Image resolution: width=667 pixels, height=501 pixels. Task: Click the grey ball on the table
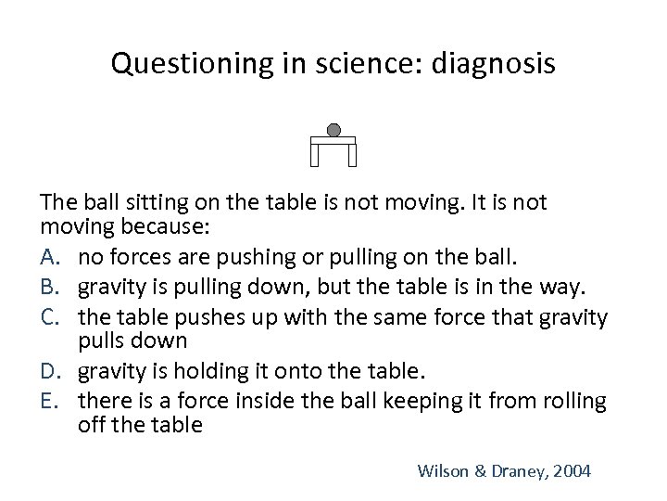(x=333, y=130)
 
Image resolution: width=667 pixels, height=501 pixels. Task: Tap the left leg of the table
(x=315, y=155)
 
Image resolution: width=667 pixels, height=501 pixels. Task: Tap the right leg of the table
(x=352, y=155)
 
